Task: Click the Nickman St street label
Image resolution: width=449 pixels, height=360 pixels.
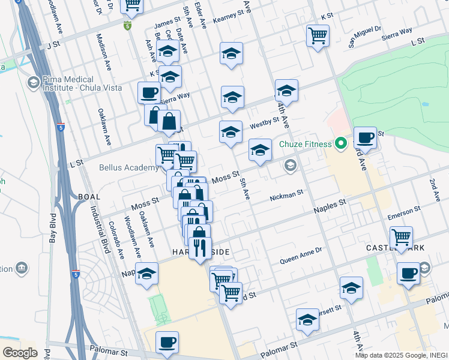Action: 287,196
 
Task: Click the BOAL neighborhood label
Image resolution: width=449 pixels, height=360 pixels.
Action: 89,196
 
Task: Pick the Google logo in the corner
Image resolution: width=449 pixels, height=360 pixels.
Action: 20,352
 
